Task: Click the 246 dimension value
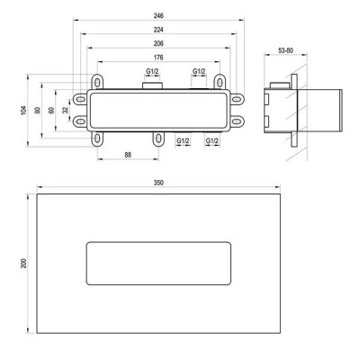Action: click(x=158, y=16)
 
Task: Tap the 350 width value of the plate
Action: click(x=158, y=184)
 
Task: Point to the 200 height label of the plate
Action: click(x=25, y=262)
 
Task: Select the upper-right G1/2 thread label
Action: click(x=198, y=72)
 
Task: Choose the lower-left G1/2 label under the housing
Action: click(x=183, y=141)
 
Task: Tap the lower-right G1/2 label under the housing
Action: click(x=211, y=141)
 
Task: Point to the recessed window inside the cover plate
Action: click(x=158, y=262)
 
